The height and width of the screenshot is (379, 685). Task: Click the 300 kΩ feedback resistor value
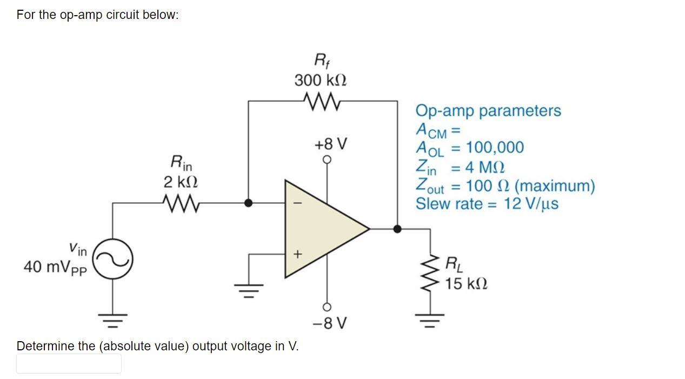(321, 81)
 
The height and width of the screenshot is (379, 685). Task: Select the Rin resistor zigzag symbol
(181, 203)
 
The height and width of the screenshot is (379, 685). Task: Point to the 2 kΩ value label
(181, 182)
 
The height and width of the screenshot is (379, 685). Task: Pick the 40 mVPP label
(55, 268)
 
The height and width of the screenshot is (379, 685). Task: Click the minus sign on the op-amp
(295, 204)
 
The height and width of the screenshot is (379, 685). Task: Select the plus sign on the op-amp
(296, 254)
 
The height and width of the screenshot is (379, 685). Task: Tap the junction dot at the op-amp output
(397, 229)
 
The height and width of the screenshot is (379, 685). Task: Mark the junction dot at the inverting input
(248, 203)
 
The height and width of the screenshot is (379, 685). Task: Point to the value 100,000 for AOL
(495, 147)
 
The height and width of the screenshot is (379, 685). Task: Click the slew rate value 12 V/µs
(531, 204)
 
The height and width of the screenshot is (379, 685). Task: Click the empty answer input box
(69, 364)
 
